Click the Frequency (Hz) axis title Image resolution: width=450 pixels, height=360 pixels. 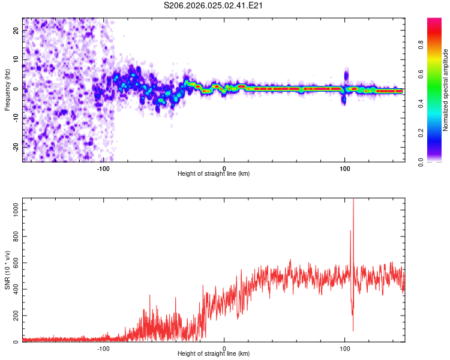pyautogui.click(x=7, y=90)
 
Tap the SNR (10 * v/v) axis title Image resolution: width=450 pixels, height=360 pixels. pyautogui.click(x=7, y=270)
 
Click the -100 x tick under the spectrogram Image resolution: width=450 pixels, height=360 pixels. pyautogui.click(x=103, y=168)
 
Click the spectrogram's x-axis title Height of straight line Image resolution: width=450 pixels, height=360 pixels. pyautogui.click(x=214, y=174)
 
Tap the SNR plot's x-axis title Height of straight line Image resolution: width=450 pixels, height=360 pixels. pyautogui.click(x=214, y=354)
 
